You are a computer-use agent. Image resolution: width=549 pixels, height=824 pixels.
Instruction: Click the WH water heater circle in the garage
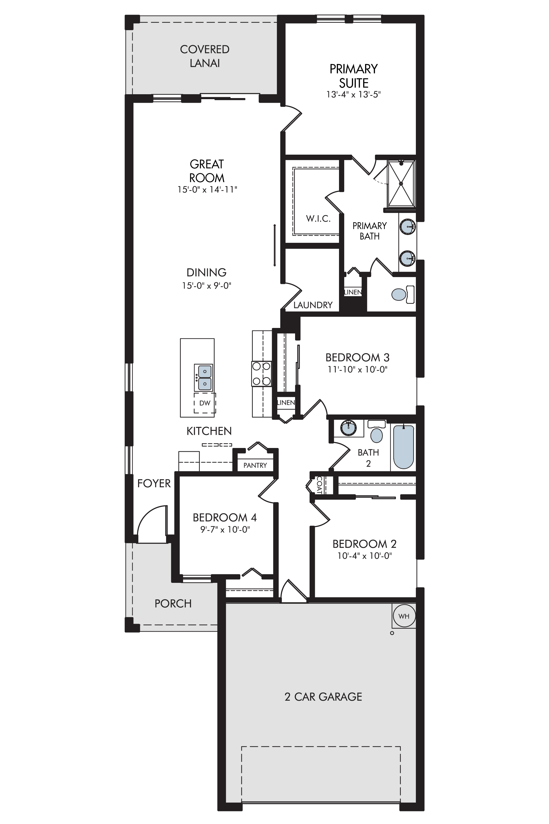pos(404,616)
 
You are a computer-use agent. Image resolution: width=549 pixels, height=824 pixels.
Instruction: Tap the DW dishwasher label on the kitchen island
pos(205,403)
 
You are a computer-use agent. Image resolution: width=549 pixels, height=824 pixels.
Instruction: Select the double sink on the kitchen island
pos(204,377)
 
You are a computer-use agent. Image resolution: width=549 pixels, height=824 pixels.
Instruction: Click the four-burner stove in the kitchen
pos(261,374)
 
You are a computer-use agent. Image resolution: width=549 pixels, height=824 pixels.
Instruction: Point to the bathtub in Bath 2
pos(404,446)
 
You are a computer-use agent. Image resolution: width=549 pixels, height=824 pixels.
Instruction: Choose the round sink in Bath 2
pos(349,427)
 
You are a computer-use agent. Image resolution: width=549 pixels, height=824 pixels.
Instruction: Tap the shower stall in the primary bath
pos(401,183)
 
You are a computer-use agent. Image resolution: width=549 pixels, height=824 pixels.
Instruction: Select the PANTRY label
pos(255,465)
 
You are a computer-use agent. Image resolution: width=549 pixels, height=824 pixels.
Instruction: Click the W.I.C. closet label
pos(318,219)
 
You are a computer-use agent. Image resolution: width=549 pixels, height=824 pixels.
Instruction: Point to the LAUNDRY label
pos(313,305)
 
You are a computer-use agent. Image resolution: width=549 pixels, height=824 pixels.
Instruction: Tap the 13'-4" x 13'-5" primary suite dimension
pos(354,94)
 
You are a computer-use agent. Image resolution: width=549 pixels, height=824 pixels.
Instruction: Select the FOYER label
pos(154,483)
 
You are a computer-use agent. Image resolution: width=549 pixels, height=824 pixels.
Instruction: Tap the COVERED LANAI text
pos(205,56)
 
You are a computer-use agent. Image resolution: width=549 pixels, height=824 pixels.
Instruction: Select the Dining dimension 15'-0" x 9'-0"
pos(207,286)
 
